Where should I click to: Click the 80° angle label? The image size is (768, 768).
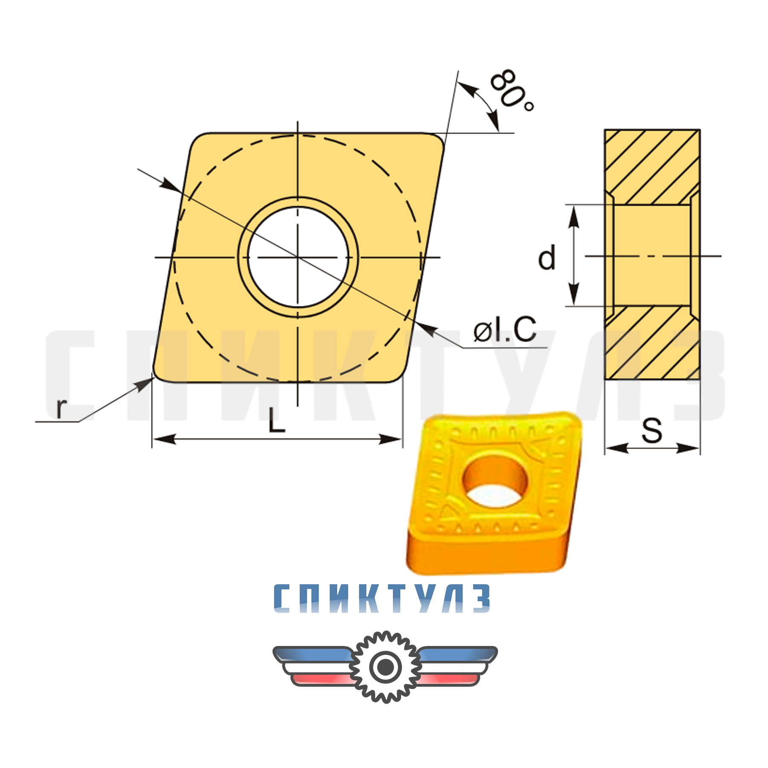click(x=512, y=90)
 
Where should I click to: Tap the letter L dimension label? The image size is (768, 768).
click(x=276, y=420)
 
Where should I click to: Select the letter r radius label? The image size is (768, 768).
click(x=61, y=408)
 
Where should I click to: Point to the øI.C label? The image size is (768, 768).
click(x=505, y=329)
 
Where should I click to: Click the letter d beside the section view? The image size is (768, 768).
click(x=547, y=258)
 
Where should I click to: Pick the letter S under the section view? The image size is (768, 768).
click(x=652, y=431)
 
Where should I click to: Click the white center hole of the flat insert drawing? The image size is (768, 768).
click(x=298, y=257)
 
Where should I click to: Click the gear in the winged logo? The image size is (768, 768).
click(x=385, y=667)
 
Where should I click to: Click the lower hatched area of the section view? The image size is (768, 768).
click(x=652, y=343)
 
